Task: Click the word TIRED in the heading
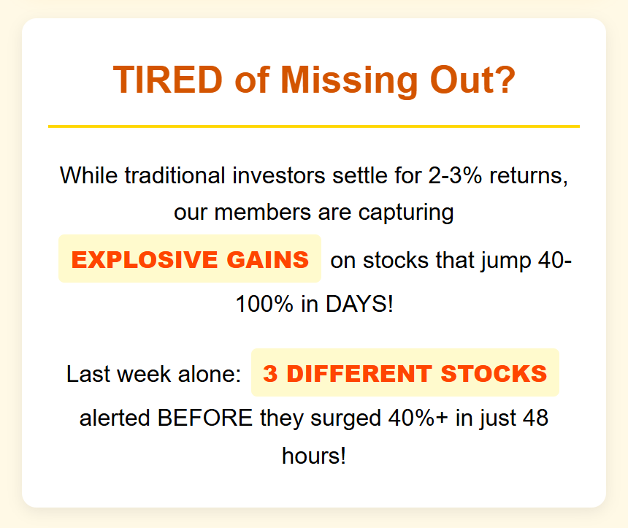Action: (168, 80)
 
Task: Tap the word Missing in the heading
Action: (349, 81)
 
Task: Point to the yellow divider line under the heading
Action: (314, 126)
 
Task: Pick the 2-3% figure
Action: (455, 175)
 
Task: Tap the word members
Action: (263, 213)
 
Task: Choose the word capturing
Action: (406, 213)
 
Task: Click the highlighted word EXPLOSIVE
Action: (145, 259)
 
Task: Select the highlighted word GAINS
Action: (268, 259)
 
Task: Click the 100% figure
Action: (265, 304)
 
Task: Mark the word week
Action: (144, 374)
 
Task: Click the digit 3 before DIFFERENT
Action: (270, 374)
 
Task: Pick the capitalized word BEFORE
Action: (205, 418)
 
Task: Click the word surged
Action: (345, 419)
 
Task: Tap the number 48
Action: (535, 418)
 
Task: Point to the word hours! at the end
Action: (314, 456)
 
